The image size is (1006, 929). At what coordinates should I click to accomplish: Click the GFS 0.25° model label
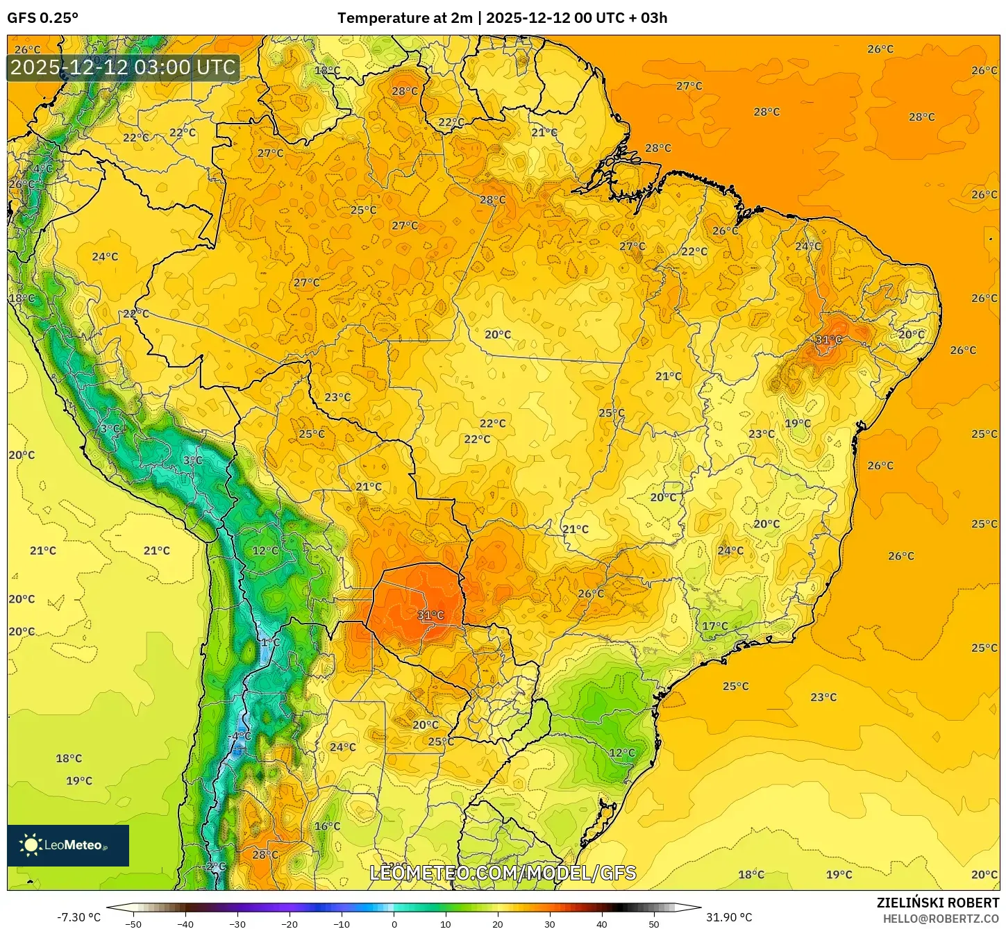pyautogui.click(x=42, y=18)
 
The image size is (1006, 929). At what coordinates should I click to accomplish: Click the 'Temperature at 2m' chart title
pyautogui.click(x=405, y=18)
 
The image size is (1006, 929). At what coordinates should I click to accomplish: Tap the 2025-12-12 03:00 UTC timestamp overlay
pyautogui.click(x=123, y=68)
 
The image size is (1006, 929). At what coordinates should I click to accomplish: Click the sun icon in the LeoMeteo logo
pyautogui.click(x=31, y=845)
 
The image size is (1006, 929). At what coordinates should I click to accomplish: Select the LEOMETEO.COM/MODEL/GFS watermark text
pyautogui.click(x=503, y=873)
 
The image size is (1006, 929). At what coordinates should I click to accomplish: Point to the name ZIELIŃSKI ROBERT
pyautogui.click(x=937, y=903)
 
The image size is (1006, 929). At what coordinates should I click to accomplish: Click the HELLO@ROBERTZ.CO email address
pyautogui.click(x=941, y=919)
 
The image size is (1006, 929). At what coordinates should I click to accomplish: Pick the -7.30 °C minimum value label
pyautogui.click(x=78, y=917)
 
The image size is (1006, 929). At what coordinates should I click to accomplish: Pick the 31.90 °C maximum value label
pyautogui.click(x=729, y=917)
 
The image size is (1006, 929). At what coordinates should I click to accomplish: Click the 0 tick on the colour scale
pyautogui.click(x=394, y=924)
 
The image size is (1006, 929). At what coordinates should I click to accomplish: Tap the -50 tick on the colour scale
pyautogui.click(x=133, y=924)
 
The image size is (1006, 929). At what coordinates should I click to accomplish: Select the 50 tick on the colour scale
pyautogui.click(x=654, y=924)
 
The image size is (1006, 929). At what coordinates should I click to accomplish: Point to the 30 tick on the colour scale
pyautogui.click(x=550, y=924)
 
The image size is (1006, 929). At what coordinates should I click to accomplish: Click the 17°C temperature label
pyautogui.click(x=715, y=626)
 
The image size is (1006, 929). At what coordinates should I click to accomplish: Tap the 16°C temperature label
pyautogui.click(x=327, y=826)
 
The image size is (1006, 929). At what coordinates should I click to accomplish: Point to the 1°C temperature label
pyautogui.click(x=270, y=642)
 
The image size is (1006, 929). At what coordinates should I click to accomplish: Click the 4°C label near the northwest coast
pyautogui.click(x=43, y=169)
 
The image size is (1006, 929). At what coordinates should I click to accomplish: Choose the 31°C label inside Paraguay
pyautogui.click(x=430, y=615)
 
